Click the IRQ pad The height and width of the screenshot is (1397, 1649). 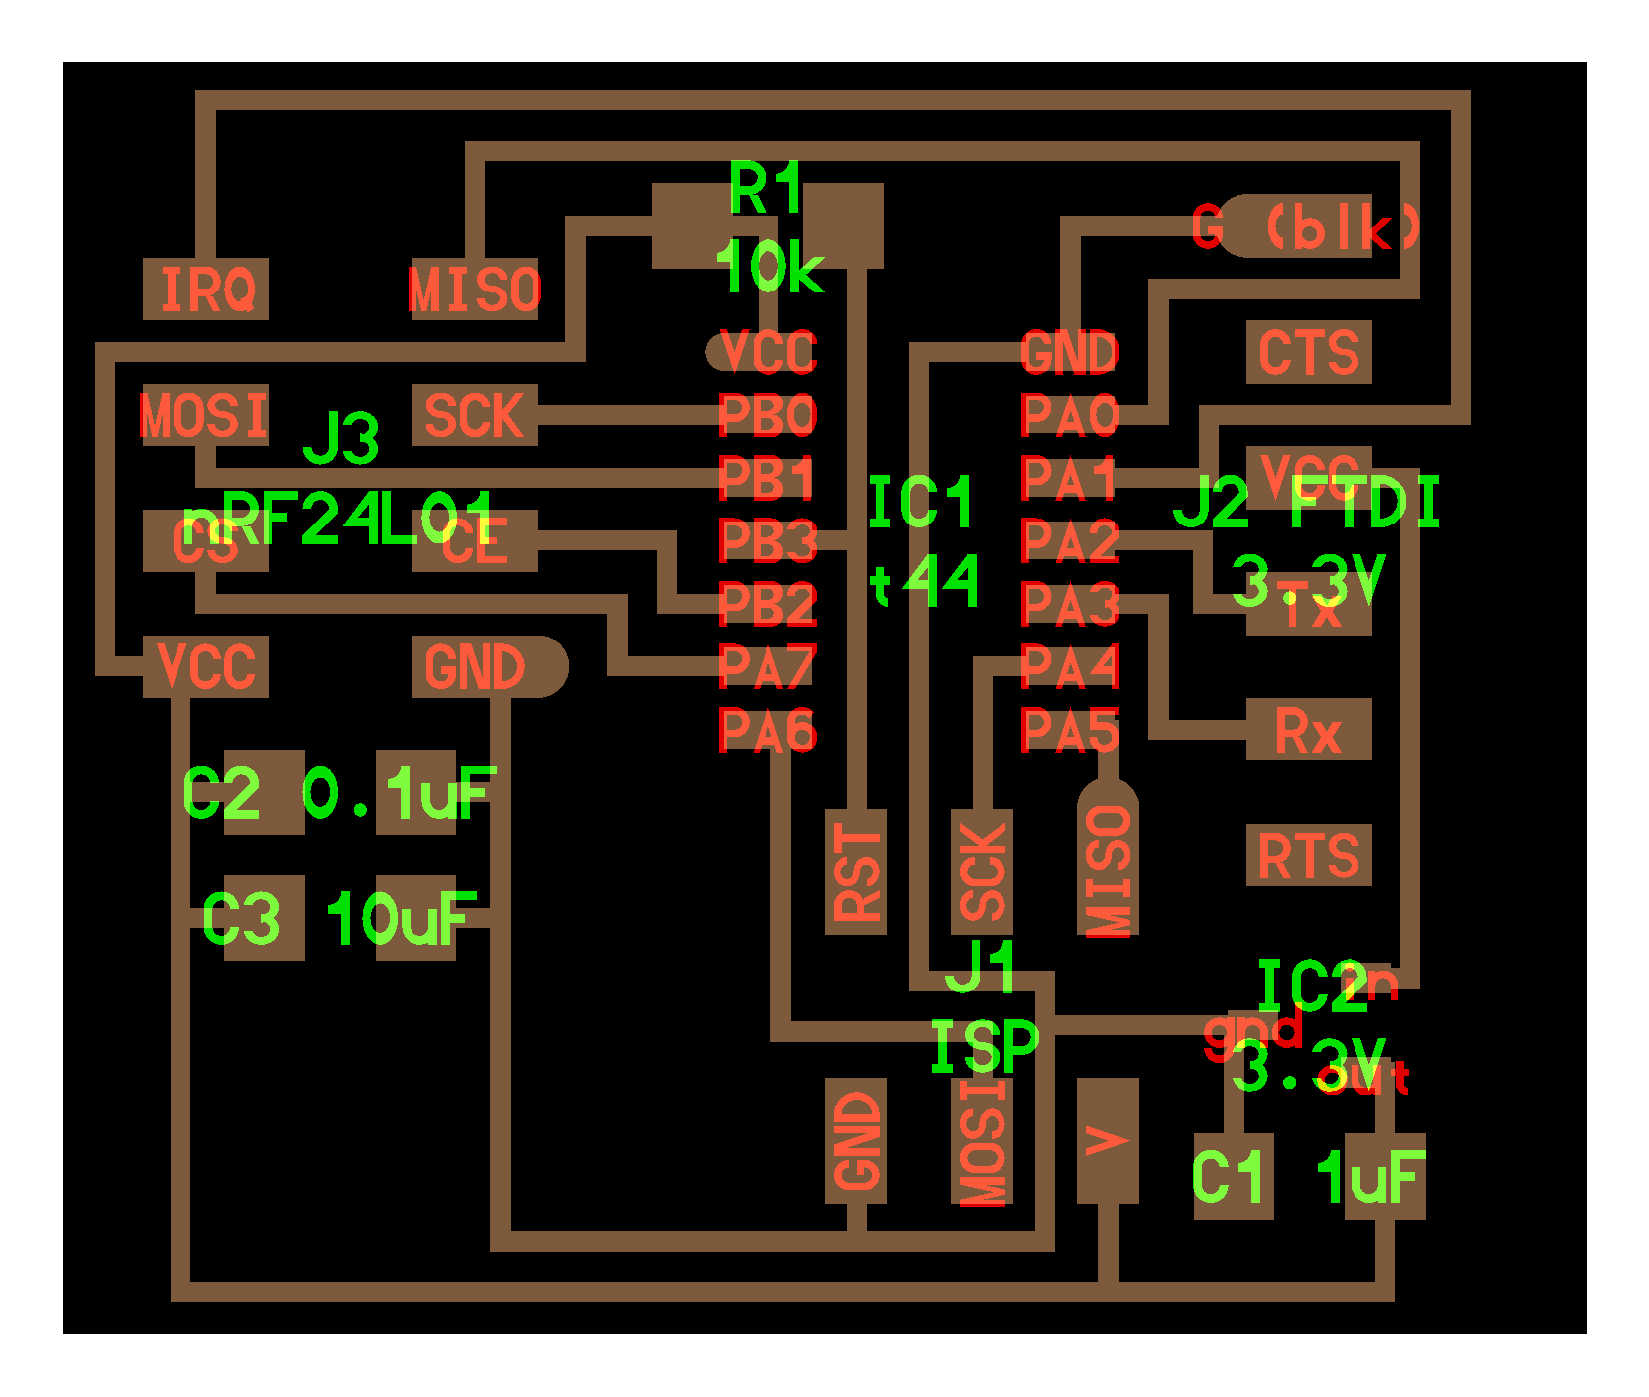(x=205, y=289)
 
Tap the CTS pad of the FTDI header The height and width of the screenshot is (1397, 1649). (x=1308, y=352)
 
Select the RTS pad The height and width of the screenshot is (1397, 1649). (x=1308, y=855)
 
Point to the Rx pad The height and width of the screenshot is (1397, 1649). (x=1308, y=730)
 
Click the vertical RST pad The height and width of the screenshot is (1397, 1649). (x=856, y=872)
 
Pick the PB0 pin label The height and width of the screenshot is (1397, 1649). (x=766, y=415)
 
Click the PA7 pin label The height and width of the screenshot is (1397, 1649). (x=766, y=666)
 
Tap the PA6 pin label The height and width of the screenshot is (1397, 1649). (x=766, y=731)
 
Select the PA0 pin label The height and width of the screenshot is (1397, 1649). (x=1070, y=415)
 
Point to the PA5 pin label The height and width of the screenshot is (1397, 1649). (x=1070, y=731)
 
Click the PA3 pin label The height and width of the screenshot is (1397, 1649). (x=1070, y=604)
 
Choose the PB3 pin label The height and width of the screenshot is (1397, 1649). (x=766, y=541)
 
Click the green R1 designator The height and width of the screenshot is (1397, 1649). (x=766, y=188)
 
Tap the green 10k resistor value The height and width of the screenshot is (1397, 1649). (x=769, y=267)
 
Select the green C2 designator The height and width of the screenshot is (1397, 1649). (x=222, y=794)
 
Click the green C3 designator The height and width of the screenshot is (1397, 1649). (x=241, y=919)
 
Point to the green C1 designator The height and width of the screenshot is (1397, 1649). (x=1230, y=1177)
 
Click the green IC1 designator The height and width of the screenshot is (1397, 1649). (x=920, y=503)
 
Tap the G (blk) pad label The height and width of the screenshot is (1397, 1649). (x=1307, y=227)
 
